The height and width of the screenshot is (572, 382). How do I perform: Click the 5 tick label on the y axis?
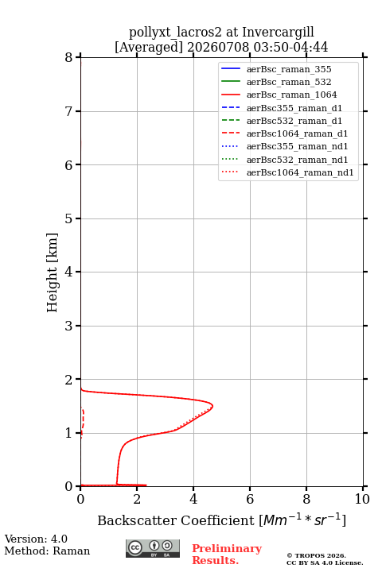[x=69, y=218]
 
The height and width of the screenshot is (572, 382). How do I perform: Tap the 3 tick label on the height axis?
[x=69, y=326]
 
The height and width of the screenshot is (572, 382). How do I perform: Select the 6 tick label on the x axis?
[x=250, y=499]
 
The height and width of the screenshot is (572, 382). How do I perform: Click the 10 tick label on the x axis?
[x=362, y=499]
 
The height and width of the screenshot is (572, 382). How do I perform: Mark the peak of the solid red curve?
[x=212, y=406]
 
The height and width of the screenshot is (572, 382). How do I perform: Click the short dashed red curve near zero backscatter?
[x=83, y=421]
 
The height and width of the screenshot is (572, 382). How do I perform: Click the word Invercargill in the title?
[x=278, y=33]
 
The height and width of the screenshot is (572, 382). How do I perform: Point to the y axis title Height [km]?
[x=52, y=272]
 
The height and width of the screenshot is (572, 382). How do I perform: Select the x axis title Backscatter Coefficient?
[x=175, y=520]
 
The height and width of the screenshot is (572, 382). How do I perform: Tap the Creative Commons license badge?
[x=153, y=548]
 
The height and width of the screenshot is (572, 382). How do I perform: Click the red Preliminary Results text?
[x=227, y=555]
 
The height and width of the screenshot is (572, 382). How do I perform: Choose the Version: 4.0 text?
[x=36, y=539]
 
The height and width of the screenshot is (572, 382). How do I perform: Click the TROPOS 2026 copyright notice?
[x=317, y=555]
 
